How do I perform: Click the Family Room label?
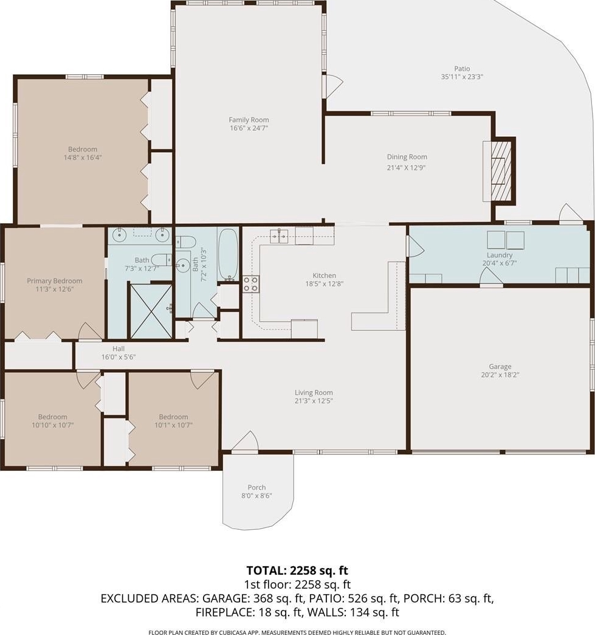249,120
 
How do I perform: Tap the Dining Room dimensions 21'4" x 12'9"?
407,168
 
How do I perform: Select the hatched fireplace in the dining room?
501,170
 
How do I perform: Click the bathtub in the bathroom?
228,254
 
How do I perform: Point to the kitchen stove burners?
250,284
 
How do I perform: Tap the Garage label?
500,367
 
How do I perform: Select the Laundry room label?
500,255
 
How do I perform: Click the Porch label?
256,487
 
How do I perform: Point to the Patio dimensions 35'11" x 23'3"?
462,77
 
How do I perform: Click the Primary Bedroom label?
55,280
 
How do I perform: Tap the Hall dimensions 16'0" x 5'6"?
118,357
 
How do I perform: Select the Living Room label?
314,392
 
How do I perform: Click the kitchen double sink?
279,236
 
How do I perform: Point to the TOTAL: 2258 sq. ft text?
297,571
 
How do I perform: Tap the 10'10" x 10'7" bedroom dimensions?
53,425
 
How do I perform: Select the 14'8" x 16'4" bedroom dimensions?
83,158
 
